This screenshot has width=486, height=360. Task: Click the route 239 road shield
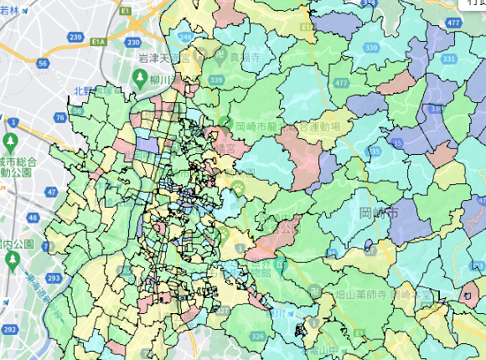(x=75, y=38)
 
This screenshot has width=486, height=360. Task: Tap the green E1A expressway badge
(x=99, y=39)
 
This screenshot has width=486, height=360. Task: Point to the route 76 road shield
(x=59, y=118)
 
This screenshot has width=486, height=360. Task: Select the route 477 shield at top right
(x=453, y=23)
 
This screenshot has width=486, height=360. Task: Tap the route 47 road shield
(x=52, y=192)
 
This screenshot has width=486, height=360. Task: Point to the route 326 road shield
(x=257, y=336)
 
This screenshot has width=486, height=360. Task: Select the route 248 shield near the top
(x=185, y=39)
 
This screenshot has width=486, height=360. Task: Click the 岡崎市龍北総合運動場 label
(x=285, y=126)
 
